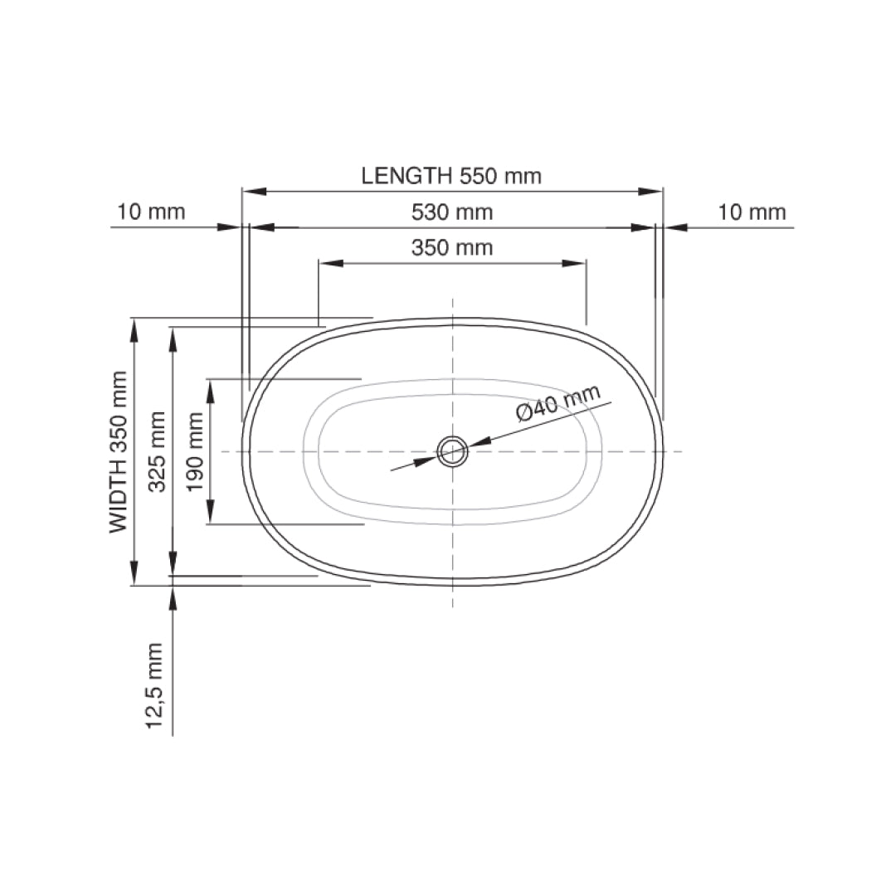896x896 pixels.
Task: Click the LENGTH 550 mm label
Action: click(x=451, y=175)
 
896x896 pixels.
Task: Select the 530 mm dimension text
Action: click(x=452, y=212)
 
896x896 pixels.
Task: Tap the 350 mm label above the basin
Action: click(x=452, y=248)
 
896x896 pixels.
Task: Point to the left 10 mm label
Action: click(x=152, y=212)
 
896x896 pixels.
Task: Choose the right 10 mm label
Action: click(x=752, y=212)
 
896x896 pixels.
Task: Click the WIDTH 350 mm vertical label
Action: click(x=119, y=452)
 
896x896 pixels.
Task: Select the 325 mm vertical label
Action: click(x=157, y=452)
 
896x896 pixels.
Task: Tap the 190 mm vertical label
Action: click(x=195, y=452)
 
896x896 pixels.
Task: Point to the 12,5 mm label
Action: click(x=154, y=686)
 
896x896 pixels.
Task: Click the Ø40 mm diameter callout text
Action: click(x=558, y=402)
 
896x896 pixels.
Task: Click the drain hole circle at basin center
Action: click(x=453, y=451)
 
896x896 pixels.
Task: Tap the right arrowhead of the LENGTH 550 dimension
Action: click(x=650, y=192)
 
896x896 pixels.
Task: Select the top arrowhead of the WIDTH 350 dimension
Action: click(x=134, y=330)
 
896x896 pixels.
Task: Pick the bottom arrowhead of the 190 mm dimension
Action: click(x=210, y=511)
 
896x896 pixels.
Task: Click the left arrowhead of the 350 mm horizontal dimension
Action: click(x=331, y=264)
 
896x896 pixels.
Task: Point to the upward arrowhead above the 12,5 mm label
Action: click(x=173, y=598)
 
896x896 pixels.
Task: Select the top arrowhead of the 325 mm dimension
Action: click(x=173, y=339)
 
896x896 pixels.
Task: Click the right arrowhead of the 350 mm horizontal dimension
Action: click(x=574, y=264)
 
